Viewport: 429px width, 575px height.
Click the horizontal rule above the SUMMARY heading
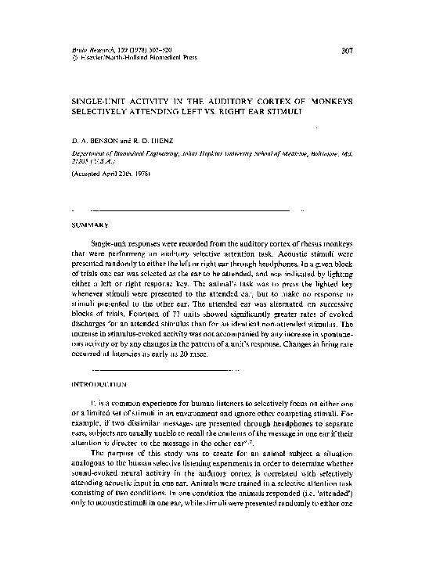tap(191, 211)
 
